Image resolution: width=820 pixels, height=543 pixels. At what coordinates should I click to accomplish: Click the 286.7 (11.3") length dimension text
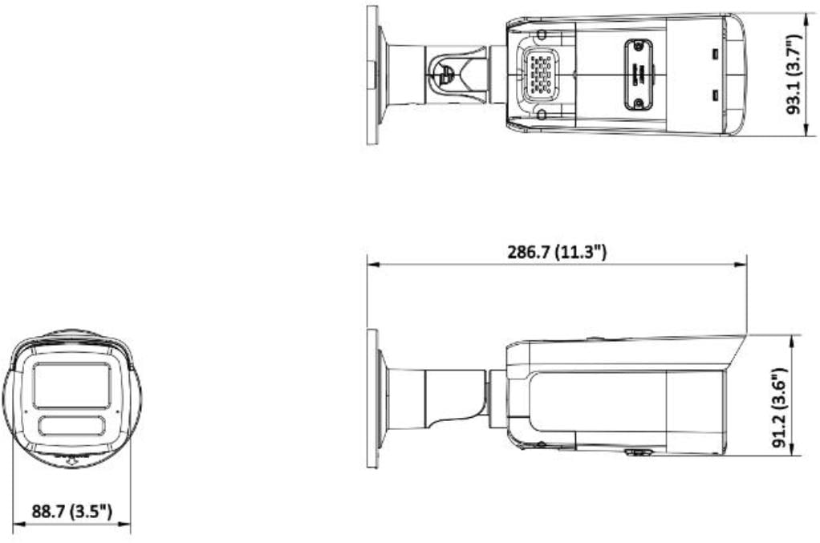557,252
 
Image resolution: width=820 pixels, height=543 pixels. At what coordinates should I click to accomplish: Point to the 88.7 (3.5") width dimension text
71,511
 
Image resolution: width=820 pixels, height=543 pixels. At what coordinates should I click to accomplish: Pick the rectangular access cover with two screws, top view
639,75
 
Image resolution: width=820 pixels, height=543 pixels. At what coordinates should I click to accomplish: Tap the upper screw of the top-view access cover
639,47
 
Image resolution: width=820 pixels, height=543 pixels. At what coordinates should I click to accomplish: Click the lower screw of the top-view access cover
639,102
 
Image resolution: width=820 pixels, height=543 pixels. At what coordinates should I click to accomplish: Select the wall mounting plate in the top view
371,75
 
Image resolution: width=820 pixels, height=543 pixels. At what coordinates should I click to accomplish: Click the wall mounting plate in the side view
371,399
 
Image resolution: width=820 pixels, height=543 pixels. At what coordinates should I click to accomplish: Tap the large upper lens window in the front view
71,384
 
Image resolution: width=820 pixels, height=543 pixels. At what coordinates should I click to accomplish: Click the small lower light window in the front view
71,425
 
